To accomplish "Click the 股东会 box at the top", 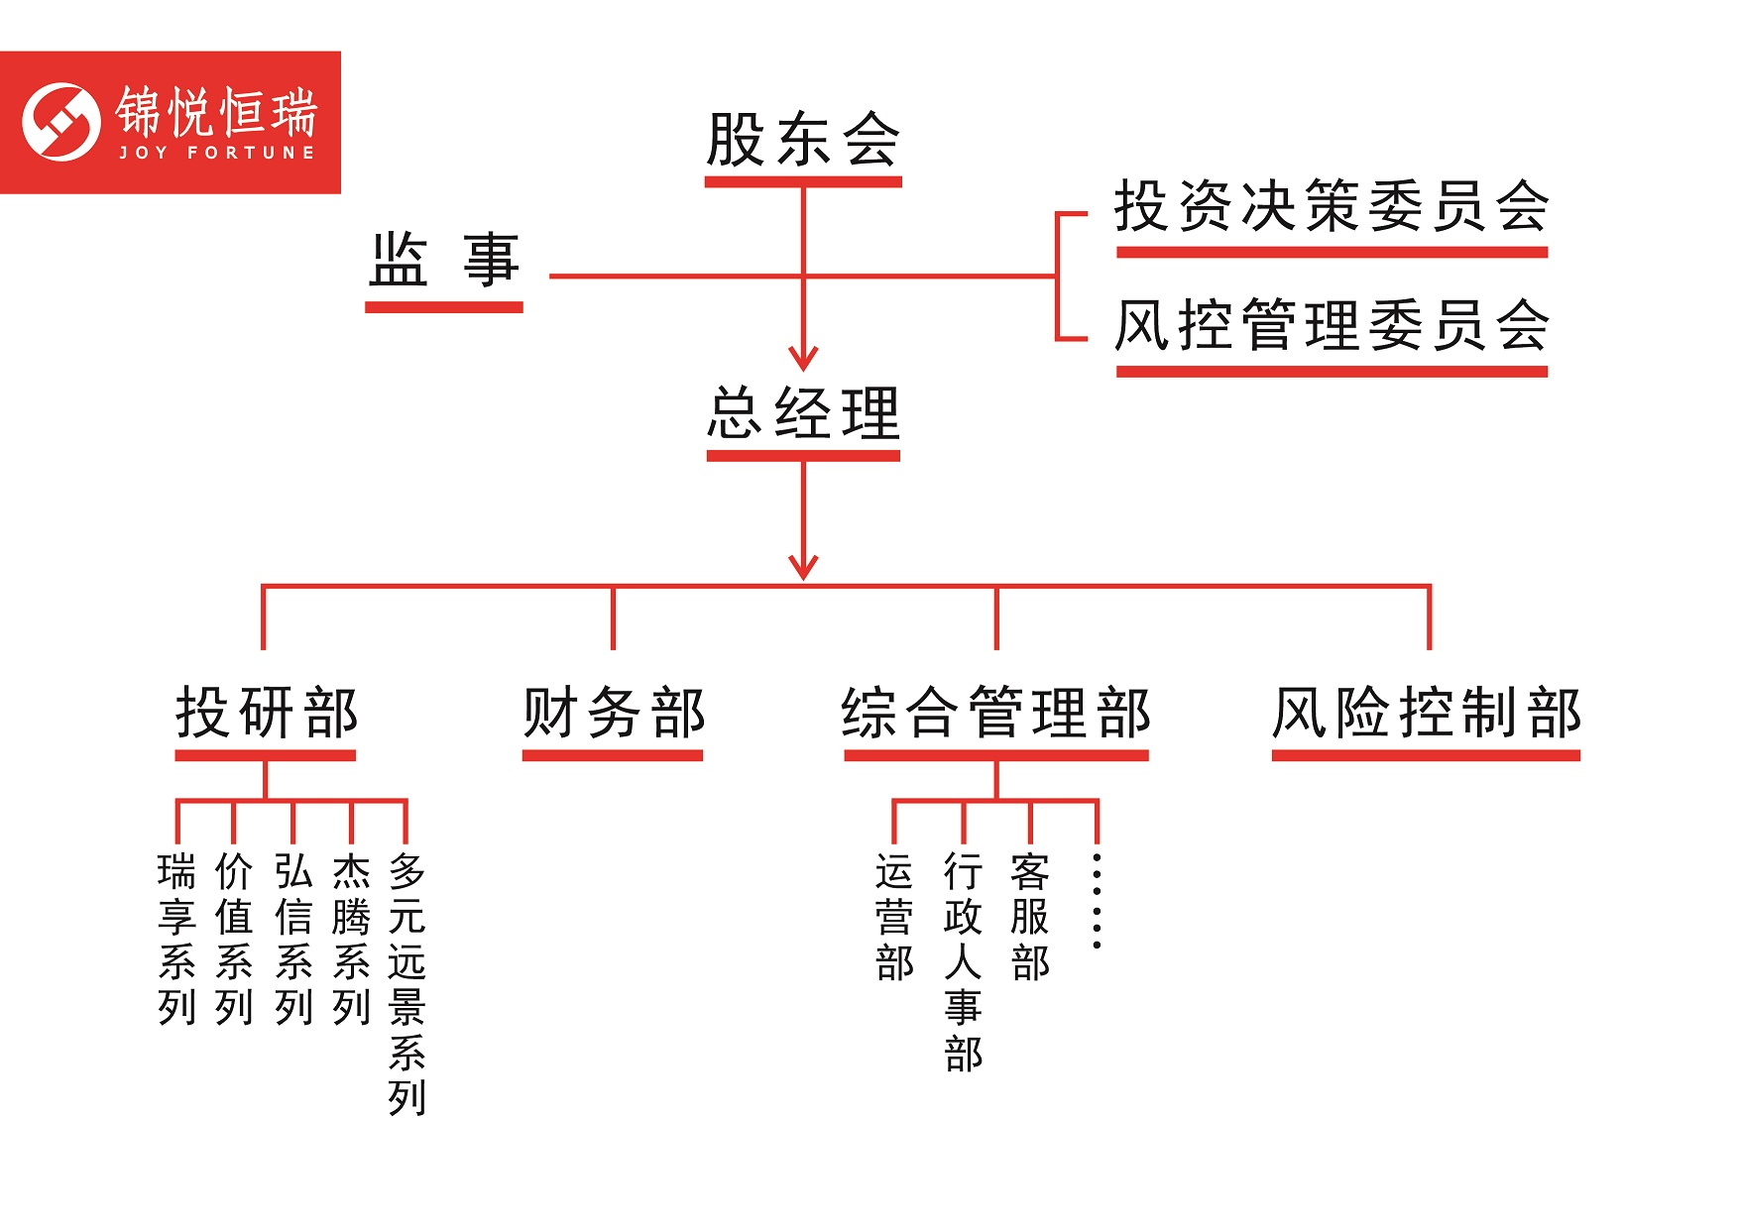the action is click(803, 140).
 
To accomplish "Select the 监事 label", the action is click(444, 261).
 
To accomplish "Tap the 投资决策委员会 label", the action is click(1332, 206).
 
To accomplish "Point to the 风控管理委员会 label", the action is click(1332, 325).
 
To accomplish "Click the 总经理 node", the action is click(803, 413).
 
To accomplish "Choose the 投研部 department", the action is click(267, 713).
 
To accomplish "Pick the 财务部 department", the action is click(614, 713).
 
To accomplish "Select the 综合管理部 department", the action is click(996, 713).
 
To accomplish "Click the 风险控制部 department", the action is click(1427, 713).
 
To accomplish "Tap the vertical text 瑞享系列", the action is click(176, 939).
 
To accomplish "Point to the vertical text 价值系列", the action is click(234, 939).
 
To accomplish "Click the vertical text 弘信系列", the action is click(293, 939).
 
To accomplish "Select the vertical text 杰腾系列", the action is click(351, 939).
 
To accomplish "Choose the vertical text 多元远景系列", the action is click(406, 984).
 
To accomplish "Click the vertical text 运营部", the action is click(894, 917).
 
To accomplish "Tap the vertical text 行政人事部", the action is click(963, 962).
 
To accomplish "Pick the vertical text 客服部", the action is click(1030, 917).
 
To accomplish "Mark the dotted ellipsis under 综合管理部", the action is click(1097, 900).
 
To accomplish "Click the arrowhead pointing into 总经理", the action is click(803, 358).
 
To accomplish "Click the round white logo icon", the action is click(61, 122).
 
